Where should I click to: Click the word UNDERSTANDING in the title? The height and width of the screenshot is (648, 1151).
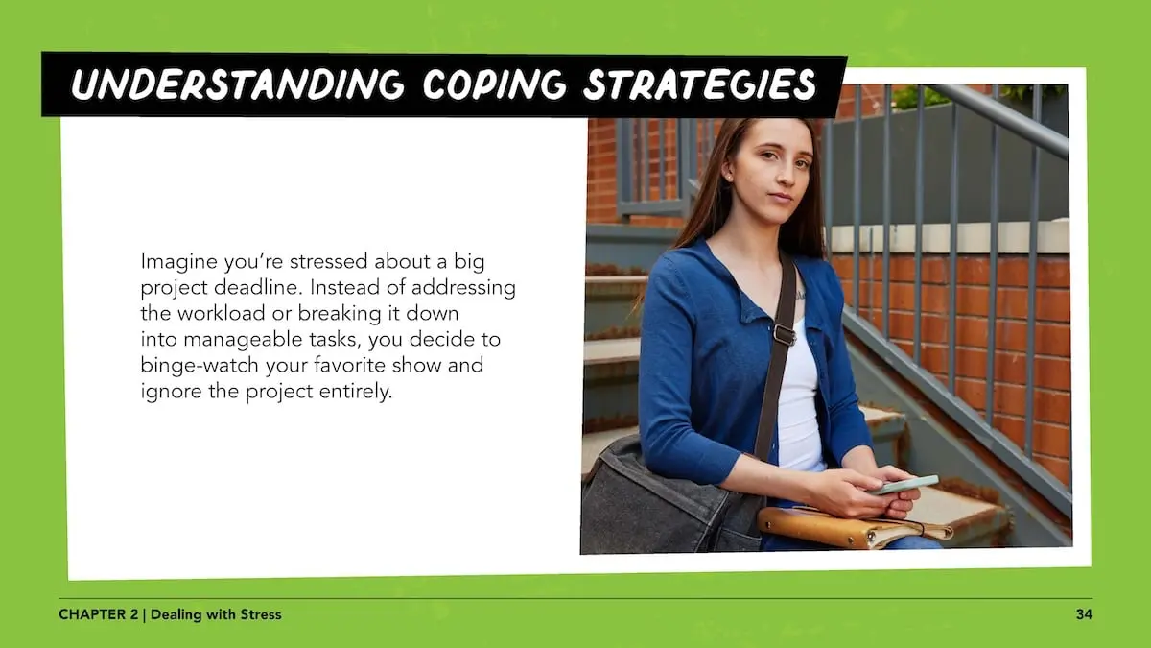point(237,84)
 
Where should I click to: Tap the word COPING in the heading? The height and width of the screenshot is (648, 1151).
point(494,84)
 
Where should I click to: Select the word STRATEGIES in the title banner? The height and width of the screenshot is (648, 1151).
point(700,84)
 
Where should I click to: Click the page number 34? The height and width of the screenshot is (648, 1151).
point(1084,614)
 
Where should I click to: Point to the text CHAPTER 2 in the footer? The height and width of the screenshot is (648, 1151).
point(98,614)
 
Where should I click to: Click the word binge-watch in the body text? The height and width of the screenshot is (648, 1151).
point(200,366)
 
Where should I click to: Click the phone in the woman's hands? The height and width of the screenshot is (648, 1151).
point(904,485)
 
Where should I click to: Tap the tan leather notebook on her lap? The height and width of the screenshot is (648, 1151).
point(853,526)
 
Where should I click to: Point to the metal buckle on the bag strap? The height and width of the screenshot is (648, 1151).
point(785,335)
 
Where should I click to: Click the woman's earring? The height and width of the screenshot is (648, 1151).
point(729,177)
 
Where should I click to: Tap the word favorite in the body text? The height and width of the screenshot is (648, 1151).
point(349,366)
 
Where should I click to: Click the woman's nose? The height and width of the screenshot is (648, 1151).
point(786,175)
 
